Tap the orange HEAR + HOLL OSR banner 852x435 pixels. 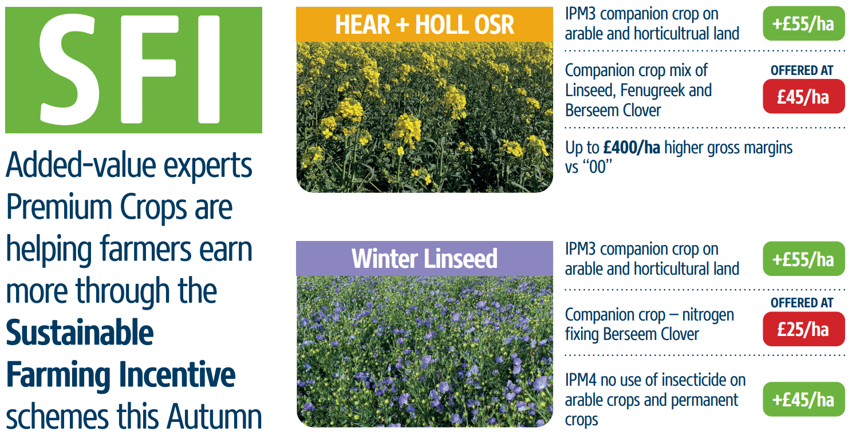[424, 25]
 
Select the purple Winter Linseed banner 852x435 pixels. [424, 259]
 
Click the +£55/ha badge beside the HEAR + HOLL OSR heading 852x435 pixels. [803, 24]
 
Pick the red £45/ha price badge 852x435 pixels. [803, 96]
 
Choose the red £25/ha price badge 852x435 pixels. [803, 329]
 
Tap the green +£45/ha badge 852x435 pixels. [803, 399]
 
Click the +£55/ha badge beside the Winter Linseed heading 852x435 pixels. [803, 259]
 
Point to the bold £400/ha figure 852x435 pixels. [632, 148]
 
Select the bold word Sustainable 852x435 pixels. [80, 333]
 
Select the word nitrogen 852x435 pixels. [708, 315]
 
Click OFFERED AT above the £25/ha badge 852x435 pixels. [802, 303]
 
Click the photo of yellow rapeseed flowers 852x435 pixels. [424, 117]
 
